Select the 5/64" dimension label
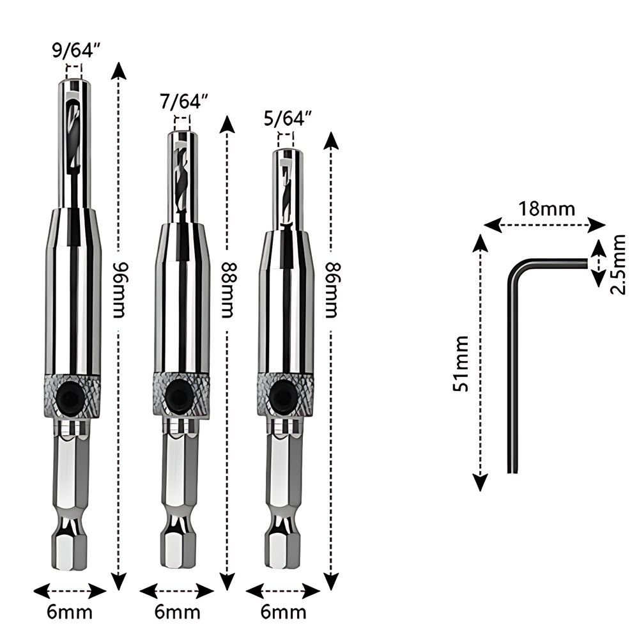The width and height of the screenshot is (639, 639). coord(287,118)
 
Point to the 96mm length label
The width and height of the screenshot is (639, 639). coord(117,291)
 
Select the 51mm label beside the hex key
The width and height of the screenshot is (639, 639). coord(461,362)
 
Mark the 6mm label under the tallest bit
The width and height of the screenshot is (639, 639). coord(70,612)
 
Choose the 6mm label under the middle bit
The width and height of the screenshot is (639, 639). coord(177,612)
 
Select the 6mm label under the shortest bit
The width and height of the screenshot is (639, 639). coord(283,612)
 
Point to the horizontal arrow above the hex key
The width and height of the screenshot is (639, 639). coord(544,224)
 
